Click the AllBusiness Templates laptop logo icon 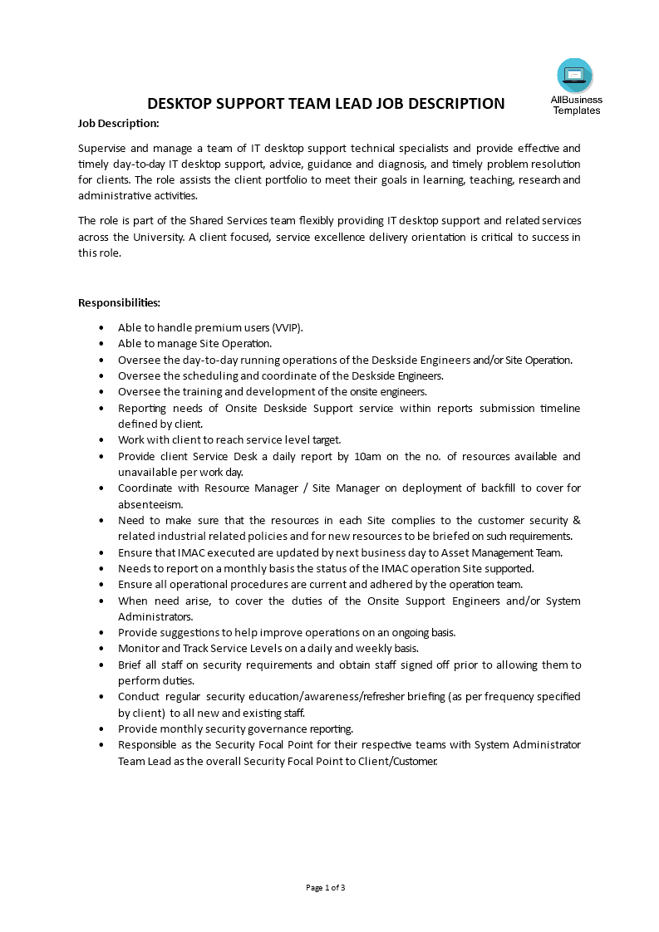tap(575, 76)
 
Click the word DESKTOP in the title tap(182, 104)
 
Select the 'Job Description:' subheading tap(118, 124)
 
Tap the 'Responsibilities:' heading tap(119, 302)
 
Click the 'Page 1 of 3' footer tap(326, 888)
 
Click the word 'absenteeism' tap(150, 504)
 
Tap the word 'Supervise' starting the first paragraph tap(103, 147)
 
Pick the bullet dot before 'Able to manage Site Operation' tap(101, 343)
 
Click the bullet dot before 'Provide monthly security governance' tap(101, 728)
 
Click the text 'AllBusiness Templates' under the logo tap(576, 105)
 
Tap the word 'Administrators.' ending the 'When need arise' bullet tap(155, 616)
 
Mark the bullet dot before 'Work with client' tap(101, 439)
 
